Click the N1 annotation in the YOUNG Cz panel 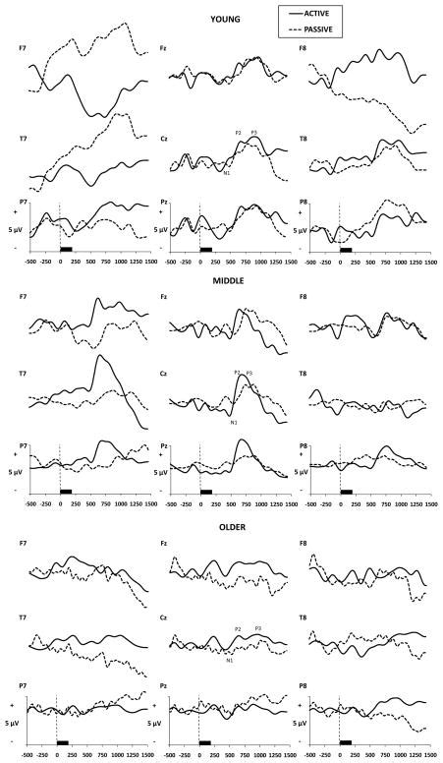227,173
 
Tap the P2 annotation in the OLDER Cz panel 238,628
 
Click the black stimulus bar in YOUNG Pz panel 206,250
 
